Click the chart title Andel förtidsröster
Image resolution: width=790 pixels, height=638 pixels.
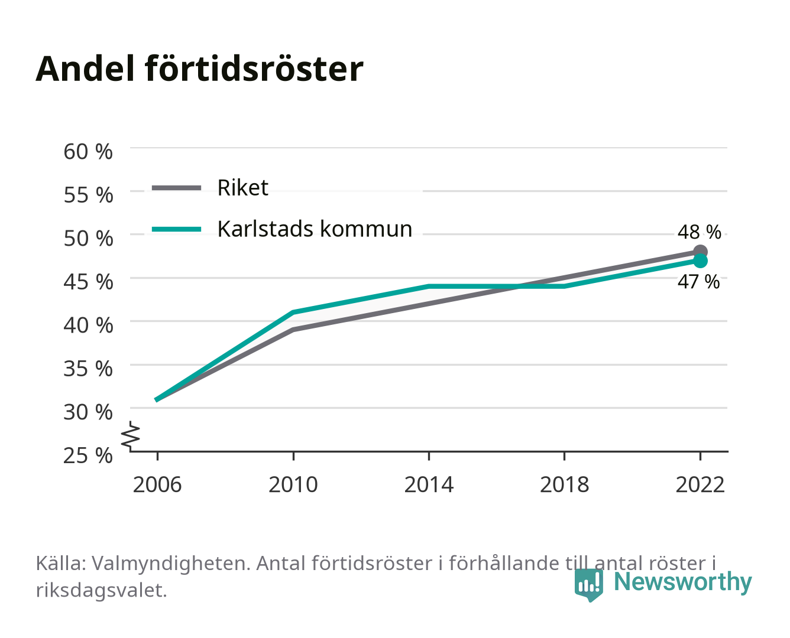[199, 69]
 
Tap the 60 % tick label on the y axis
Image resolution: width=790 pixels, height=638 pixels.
[88, 152]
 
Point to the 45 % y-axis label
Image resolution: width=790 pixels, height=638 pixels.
[88, 282]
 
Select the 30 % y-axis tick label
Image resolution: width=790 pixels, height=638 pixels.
[88, 412]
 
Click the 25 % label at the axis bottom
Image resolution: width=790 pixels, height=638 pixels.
[88, 455]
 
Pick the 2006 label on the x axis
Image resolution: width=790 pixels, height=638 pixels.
[157, 484]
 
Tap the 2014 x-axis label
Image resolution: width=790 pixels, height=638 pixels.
[429, 484]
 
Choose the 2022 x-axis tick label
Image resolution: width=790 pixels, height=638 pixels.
[700, 484]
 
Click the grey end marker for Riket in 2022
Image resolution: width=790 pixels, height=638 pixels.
[700, 252]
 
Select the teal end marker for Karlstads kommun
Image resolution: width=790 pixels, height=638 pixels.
[700, 261]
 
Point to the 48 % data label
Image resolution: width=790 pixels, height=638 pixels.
[699, 232]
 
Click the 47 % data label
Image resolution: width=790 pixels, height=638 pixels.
[698, 282]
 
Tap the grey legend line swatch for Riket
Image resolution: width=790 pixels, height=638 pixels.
[177, 188]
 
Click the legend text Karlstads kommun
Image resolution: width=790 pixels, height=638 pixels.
[315, 229]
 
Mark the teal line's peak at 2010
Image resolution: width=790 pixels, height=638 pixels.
[293, 313]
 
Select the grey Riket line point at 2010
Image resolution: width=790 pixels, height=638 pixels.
[293, 330]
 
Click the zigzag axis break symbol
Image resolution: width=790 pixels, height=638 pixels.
[131, 436]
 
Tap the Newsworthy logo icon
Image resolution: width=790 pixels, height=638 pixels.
[588, 585]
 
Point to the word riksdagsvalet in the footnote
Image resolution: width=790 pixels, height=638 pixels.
[101, 590]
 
